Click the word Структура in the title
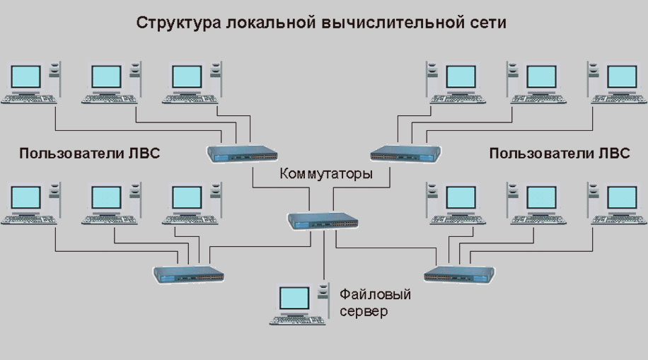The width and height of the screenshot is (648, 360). click(x=178, y=23)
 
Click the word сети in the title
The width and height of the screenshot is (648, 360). click(x=487, y=23)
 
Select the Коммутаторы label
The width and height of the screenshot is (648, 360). click(x=326, y=173)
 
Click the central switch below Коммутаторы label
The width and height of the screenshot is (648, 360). click(x=323, y=221)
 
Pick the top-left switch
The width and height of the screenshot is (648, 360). click(x=242, y=153)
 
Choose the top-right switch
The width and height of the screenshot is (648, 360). click(x=405, y=153)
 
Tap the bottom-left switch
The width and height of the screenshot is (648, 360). click(x=188, y=274)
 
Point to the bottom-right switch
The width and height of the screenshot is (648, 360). click(x=459, y=274)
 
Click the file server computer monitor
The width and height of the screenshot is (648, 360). click(x=294, y=299)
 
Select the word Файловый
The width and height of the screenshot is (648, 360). click(x=375, y=294)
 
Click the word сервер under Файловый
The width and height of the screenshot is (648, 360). click(x=364, y=311)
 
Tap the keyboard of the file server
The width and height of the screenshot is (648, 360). click(x=298, y=320)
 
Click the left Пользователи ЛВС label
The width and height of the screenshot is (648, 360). click(x=89, y=153)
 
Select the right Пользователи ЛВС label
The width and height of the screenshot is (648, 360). click(x=559, y=153)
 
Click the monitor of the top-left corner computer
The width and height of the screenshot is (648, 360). click(x=25, y=77)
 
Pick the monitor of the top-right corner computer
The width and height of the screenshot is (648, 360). click(x=622, y=77)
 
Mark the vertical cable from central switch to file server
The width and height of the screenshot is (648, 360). click(x=324, y=255)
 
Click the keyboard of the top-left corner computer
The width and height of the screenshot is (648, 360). click(x=29, y=99)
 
